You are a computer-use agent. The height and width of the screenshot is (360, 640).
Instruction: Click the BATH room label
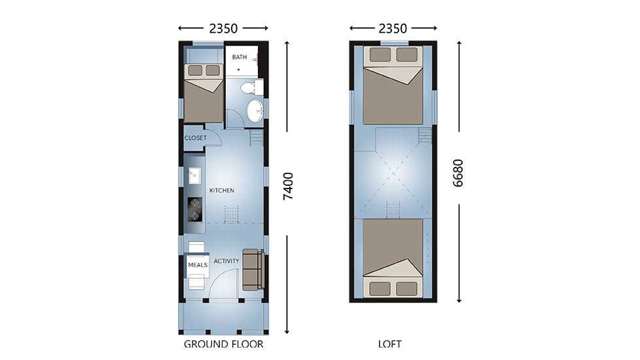(240, 57)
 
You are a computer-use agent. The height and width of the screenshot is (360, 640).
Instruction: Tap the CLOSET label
(196, 138)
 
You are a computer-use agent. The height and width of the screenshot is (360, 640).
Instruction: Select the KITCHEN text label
(222, 190)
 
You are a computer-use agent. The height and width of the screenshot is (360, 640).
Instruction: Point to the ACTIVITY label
(226, 261)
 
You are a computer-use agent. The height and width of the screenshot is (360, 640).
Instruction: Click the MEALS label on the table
(198, 265)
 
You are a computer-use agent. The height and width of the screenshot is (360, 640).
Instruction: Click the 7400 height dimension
(288, 186)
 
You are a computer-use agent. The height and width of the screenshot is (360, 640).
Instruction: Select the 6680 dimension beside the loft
(458, 173)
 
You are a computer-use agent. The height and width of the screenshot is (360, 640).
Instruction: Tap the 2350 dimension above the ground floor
(223, 29)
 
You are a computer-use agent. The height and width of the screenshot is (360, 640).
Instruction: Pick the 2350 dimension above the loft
(393, 29)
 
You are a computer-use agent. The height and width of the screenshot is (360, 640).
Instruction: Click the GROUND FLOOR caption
(223, 344)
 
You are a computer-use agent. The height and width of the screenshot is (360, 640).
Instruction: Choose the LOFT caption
(390, 344)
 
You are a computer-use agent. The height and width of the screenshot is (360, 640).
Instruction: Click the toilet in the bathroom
(251, 87)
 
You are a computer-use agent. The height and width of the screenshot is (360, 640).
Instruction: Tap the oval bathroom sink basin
(255, 111)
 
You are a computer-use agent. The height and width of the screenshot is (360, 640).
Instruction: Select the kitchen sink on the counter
(194, 175)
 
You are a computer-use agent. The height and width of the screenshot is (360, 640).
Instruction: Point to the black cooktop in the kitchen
(195, 209)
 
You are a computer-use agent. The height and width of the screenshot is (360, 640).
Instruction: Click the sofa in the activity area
(253, 270)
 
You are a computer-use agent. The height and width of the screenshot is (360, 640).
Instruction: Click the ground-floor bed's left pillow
(195, 71)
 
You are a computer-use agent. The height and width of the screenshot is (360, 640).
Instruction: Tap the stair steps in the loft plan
(425, 136)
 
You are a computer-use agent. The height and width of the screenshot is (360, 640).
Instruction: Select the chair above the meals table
(196, 247)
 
